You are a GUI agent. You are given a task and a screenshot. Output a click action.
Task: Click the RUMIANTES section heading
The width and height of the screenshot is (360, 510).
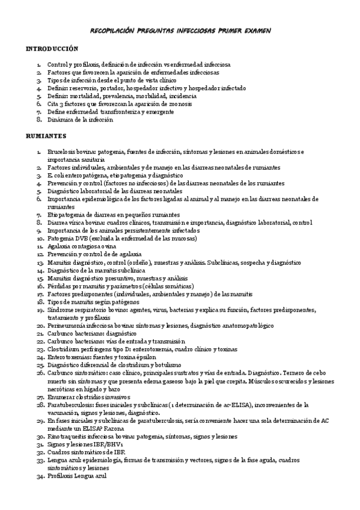coord(46,135)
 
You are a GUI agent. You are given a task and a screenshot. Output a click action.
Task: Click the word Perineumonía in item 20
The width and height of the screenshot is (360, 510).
coord(67,325)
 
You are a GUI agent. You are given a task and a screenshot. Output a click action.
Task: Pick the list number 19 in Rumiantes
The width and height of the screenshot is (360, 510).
coord(40,310)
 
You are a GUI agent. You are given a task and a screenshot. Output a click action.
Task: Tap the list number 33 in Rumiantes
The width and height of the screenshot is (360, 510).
coord(40,459)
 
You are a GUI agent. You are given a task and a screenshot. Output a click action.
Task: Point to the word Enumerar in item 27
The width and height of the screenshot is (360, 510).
coord(63,397)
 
